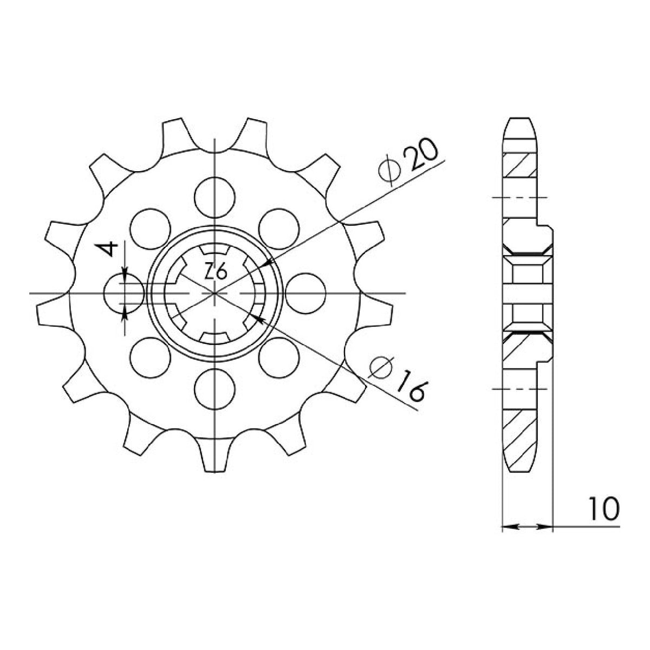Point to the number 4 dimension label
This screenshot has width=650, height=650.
108,249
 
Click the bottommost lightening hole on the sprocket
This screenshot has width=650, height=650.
214,389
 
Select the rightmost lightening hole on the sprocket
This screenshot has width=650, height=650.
305,294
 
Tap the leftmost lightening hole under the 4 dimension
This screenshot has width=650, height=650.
124,294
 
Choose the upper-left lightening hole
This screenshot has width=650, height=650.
150,229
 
